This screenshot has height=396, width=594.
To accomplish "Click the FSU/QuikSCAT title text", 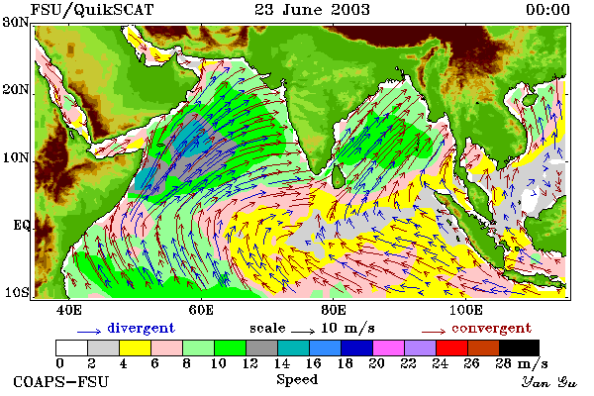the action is (x=92, y=10).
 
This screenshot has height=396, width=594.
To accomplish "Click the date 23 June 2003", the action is (x=312, y=10).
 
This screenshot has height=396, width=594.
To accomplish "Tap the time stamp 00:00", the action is (x=547, y=10).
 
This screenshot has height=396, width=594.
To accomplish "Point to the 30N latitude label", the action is (x=16, y=23).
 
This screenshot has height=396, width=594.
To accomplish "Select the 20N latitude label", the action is (x=16, y=90).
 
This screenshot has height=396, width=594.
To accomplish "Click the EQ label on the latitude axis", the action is (x=22, y=226).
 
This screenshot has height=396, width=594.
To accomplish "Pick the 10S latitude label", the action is (x=16, y=293).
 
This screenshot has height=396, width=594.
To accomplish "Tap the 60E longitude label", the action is (x=201, y=310).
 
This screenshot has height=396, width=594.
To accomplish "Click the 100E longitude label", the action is (x=465, y=310).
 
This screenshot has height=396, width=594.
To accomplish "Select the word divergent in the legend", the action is (x=141, y=328).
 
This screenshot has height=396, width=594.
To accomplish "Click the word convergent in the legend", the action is (x=491, y=328).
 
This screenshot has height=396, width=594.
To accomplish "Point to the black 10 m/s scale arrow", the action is (x=303, y=332).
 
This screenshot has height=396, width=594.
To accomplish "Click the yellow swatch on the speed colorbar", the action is (x=136, y=347).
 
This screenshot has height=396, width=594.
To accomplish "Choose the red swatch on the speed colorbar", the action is (x=451, y=347).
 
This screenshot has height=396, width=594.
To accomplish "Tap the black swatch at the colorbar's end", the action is (x=519, y=347).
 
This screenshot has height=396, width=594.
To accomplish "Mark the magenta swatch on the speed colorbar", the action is (x=388, y=347).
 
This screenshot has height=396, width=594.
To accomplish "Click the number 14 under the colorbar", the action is (x=281, y=363).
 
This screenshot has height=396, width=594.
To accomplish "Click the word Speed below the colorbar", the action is (x=297, y=380).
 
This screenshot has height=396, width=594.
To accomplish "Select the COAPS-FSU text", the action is (x=61, y=381).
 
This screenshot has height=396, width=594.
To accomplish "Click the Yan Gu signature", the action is (x=548, y=382).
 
